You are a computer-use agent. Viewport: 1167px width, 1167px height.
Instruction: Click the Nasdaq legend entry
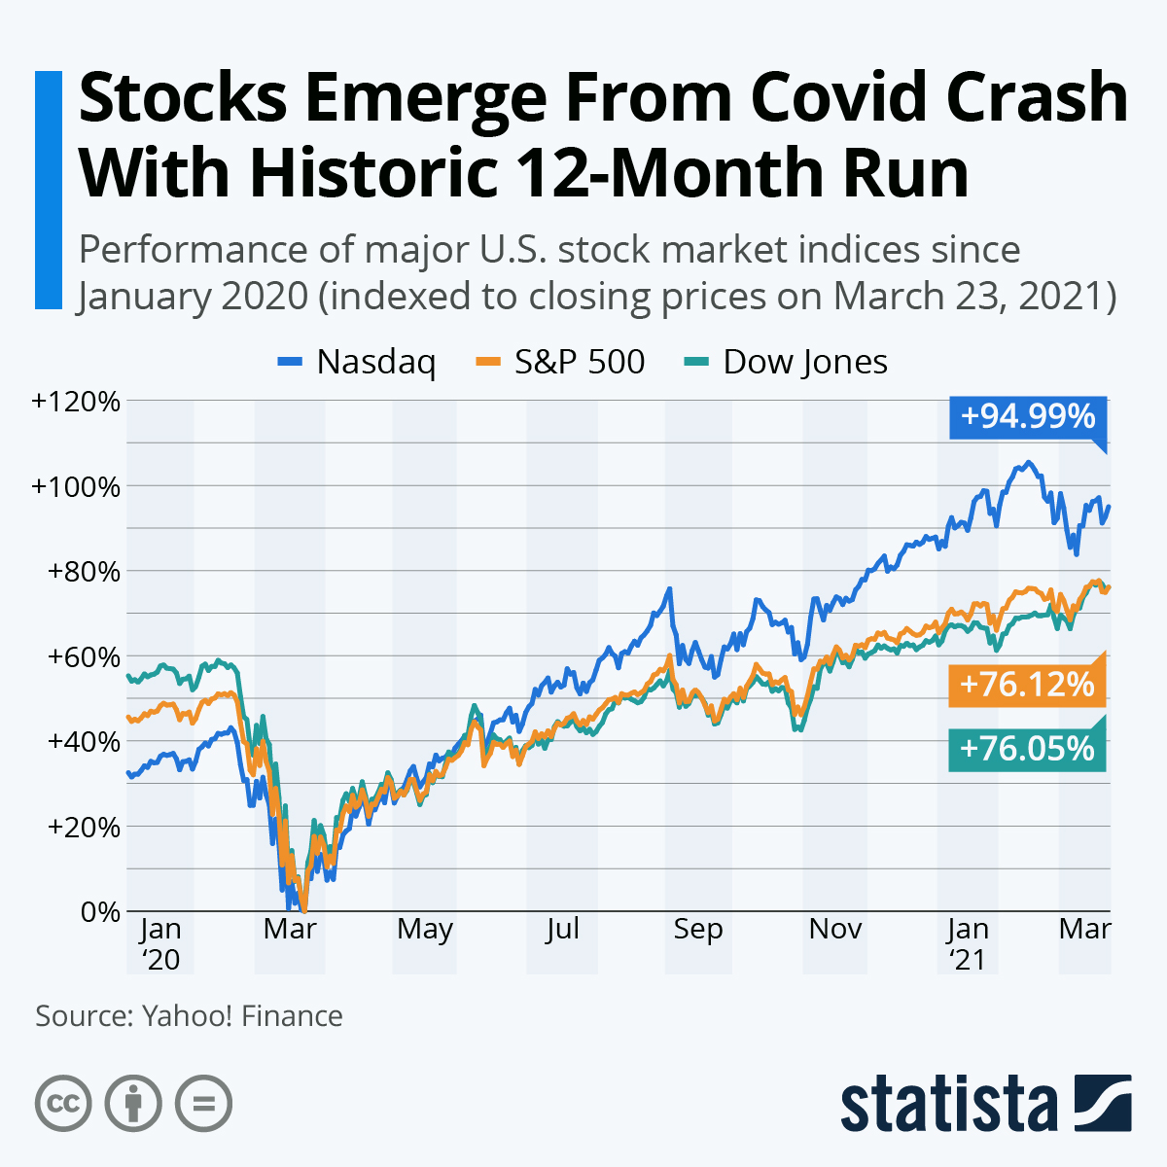(358, 362)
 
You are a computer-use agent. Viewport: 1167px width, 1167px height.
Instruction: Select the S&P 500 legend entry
(562, 362)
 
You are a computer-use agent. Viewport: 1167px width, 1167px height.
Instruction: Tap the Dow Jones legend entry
(787, 362)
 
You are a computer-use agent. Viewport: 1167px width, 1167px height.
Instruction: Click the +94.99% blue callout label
(1027, 416)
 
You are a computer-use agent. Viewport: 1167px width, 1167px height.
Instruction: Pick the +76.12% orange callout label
(1027, 685)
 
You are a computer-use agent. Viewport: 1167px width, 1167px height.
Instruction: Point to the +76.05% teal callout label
(1027, 749)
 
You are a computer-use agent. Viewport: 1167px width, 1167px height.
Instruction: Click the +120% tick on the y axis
(76, 401)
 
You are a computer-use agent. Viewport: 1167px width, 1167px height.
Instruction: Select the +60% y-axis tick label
(82, 656)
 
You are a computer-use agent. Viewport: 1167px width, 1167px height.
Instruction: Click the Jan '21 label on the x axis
(968, 944)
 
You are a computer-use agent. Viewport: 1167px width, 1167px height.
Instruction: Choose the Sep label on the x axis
(698, 929)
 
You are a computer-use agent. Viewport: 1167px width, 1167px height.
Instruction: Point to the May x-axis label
(425, 929)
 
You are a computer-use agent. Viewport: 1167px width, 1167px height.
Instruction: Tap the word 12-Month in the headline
(656, 173)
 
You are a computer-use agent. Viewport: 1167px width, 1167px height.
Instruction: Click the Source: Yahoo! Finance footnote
(189, 1016)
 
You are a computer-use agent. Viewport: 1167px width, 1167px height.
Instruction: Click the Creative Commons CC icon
(63, 1104)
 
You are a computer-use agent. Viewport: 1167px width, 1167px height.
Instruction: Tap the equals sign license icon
(203, 1104)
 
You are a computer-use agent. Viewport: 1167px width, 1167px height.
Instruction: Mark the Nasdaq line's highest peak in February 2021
(1028, 463)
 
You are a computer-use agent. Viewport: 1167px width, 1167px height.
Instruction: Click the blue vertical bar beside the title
(48, 190)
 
